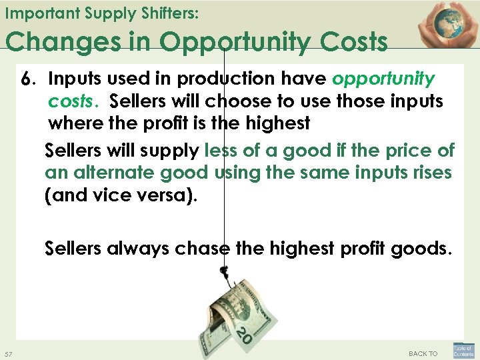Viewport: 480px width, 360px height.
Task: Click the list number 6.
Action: [27, 79]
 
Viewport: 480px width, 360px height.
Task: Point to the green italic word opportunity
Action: [383, 79]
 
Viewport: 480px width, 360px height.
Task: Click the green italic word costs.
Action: [73, 102]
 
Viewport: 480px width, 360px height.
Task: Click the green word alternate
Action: [109, 173]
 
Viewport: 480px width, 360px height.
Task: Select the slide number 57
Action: [9, 353]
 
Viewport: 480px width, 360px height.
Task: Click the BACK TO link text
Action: [423, 353]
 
